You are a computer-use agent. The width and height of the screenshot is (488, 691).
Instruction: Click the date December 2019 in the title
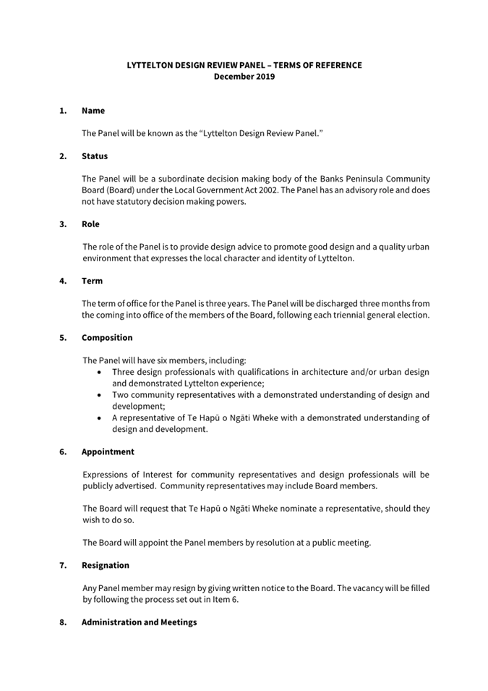pyautogui.click(x=244, y=77)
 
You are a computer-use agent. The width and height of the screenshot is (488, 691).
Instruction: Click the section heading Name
pyautogui.click(x=93, y=111)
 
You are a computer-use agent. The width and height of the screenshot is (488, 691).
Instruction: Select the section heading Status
pyautogui.click(x=95, y=156)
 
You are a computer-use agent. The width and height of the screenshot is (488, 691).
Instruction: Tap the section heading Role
pyautogui.click(x=90, y=224)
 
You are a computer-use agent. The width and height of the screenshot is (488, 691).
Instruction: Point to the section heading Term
pyautogui.click(x=92, y=281)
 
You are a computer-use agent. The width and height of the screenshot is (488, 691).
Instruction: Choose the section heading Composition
pyautogui.click(x=107, y=337)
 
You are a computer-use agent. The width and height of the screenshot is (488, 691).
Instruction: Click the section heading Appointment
pyautogui.click(x=108, y=452)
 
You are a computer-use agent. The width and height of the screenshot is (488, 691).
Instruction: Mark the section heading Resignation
pyautogui.click(x=106, y=565)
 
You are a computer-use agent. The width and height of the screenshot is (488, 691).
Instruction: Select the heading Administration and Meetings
pyautogui.click(x=139, y=622)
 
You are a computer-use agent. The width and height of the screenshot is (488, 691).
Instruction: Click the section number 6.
pyautogui.click(x=63, y=452)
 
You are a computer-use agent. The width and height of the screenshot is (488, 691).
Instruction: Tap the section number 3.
pyautogui.click(x=63, y=224)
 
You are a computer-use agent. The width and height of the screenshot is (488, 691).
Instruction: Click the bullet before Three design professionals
pyautogui.click(x=99, y=372)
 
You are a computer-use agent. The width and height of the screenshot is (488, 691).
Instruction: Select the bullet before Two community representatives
pyautogui.click(x=99, y=395)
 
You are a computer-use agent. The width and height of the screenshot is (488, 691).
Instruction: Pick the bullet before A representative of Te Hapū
pyautogui.click(x=99, y=417)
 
